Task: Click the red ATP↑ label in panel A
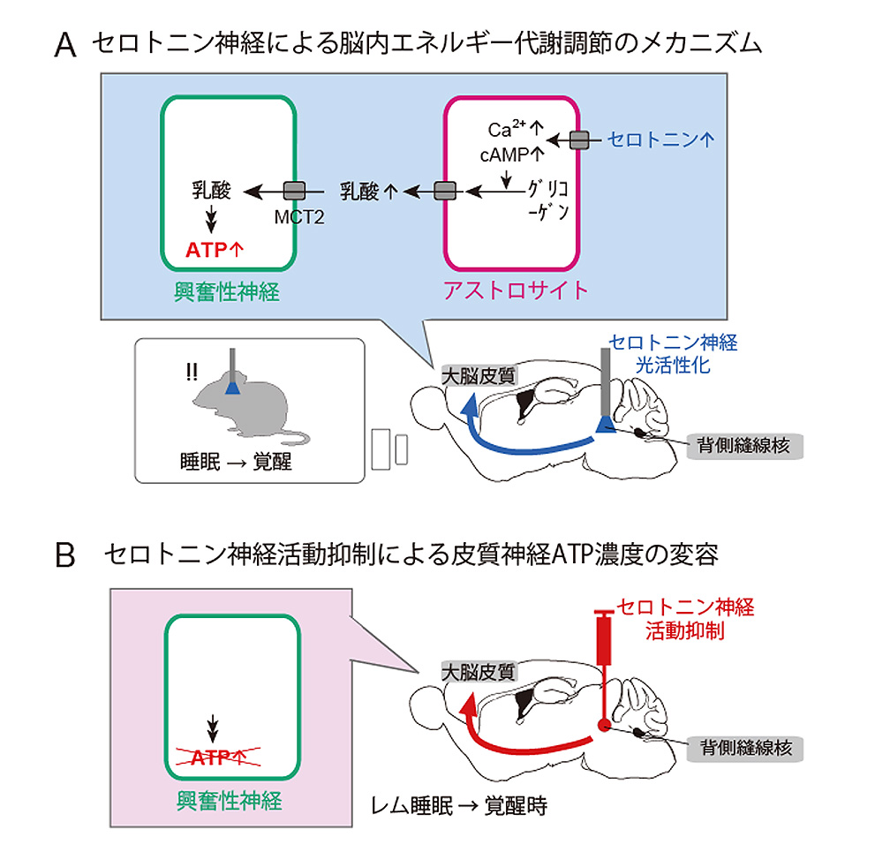click(215, 250)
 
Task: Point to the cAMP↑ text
click(512, 155)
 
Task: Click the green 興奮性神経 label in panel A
click(228, 290)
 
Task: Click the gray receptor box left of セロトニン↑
click(579, 140)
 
